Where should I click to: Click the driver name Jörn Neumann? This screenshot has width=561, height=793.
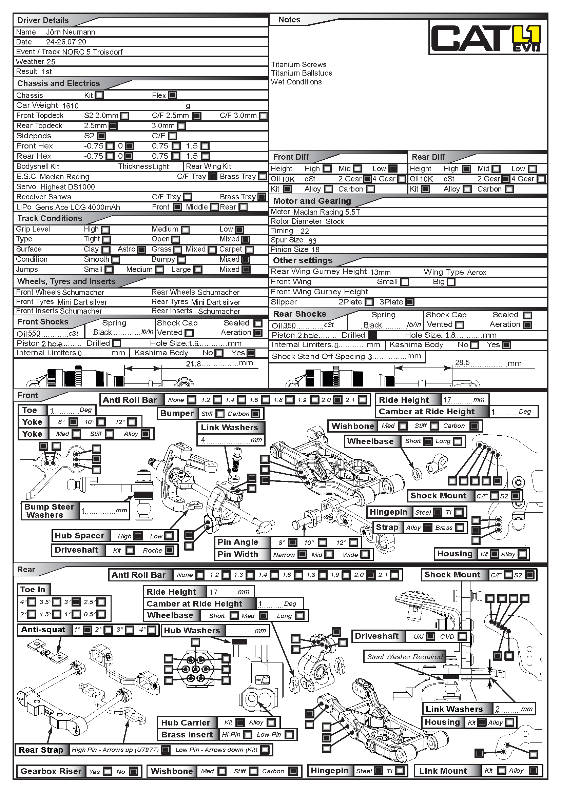71,32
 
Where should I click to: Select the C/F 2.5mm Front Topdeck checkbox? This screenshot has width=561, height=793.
197,116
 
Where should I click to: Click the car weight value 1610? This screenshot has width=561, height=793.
71,106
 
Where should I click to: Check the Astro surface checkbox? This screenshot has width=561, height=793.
142,250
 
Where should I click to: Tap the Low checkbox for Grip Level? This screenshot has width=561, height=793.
239,229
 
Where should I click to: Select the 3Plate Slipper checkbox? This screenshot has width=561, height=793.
410,302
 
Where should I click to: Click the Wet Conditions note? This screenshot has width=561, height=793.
296,82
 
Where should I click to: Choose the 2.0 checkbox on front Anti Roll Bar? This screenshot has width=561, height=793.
338,400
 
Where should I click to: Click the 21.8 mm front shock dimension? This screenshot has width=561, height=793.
193,364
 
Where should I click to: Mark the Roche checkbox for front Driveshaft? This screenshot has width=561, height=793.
170,550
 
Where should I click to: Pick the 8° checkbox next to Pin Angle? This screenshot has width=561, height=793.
293,542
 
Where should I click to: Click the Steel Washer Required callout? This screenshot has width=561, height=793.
405,657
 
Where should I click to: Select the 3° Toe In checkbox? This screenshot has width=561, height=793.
76,602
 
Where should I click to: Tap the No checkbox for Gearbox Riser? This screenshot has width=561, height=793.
133,771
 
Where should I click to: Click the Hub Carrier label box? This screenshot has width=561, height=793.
186,722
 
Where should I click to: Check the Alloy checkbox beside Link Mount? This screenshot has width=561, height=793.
534,771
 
